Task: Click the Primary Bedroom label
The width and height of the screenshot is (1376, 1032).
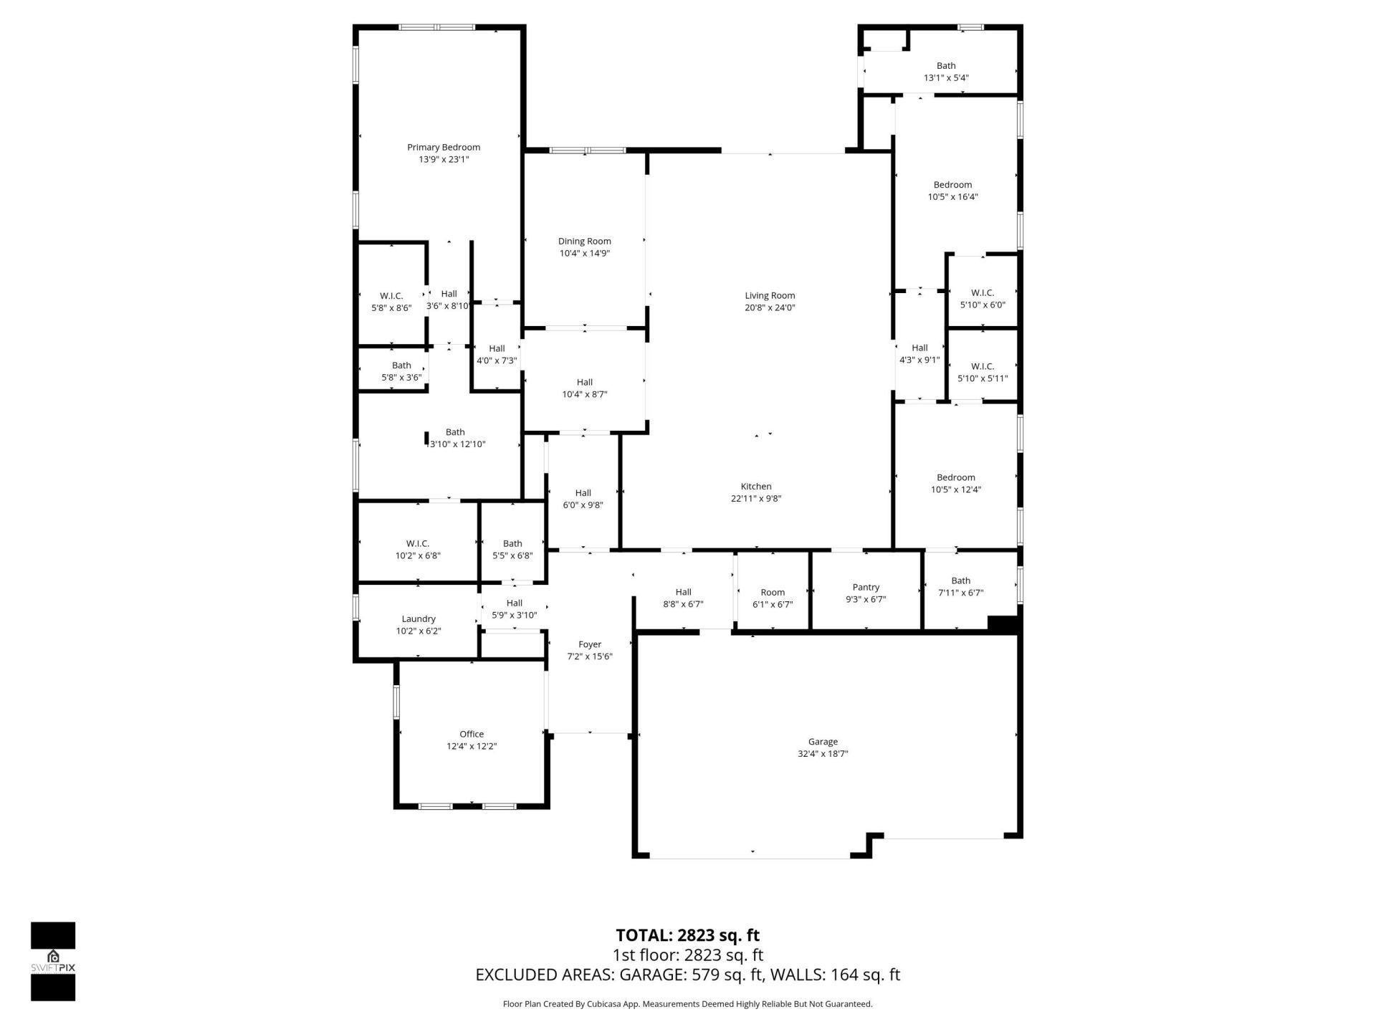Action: tap(444, 148)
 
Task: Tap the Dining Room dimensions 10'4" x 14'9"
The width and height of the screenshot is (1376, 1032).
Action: tap(584, 254)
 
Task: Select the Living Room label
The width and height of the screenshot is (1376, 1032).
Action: tap(770, 295)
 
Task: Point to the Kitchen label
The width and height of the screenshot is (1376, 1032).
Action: tap(756, 487)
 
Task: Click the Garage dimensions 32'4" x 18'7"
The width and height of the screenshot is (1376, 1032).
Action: tap(823, 754)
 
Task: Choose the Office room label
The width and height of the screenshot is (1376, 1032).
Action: tap(472, 734)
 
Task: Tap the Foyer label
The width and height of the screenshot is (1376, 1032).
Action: tap(590, 644)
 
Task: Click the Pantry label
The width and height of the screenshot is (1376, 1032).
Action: tap(866, 587)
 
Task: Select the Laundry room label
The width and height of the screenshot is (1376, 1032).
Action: tap(419, 618)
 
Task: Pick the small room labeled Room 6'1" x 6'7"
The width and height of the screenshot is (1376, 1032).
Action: tap(773, 598)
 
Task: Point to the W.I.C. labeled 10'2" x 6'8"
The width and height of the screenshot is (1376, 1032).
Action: tap(418, 549)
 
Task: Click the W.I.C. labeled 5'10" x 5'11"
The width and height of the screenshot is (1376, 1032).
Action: tap(983, 372)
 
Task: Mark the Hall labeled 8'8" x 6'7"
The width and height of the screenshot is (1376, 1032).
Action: tap(683, 598)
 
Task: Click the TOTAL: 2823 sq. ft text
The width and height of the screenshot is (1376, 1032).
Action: tap(687, 935)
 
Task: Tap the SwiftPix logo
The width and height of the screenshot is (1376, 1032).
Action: tap(53, 960)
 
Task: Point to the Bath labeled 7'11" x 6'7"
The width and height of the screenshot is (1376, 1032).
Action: tap(960, 586)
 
